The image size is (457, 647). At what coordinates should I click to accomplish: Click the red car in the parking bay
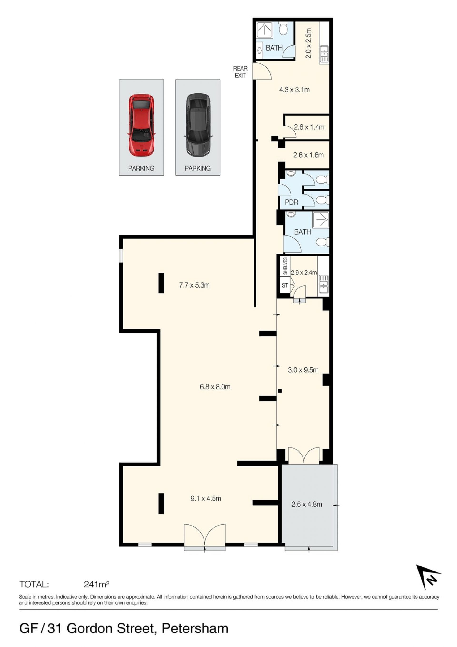[x=141, y=125]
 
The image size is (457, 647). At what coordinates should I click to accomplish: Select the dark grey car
[x=198, y=125]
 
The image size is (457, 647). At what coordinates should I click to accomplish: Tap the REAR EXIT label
[x=240, y=72]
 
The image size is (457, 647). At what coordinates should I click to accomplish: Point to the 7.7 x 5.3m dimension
[x=194, y=285]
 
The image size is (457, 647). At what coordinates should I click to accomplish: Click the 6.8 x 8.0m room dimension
[x=215, y=387]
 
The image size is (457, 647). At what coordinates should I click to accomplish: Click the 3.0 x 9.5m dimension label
[x=303, y=370]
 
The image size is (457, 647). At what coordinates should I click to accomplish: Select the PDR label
[x=291, y=202]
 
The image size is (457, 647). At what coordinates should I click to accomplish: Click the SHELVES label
[x=285, y=266]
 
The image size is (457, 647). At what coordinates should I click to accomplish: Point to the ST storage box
[x=285, y=285]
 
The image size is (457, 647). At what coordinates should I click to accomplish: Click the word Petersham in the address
[x=195, y=629]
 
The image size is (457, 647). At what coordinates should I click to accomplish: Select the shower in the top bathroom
[x=264, y=30]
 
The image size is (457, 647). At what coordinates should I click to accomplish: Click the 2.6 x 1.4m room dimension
[x=309, y=127]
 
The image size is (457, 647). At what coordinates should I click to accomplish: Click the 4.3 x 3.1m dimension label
[x=294, y=90]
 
